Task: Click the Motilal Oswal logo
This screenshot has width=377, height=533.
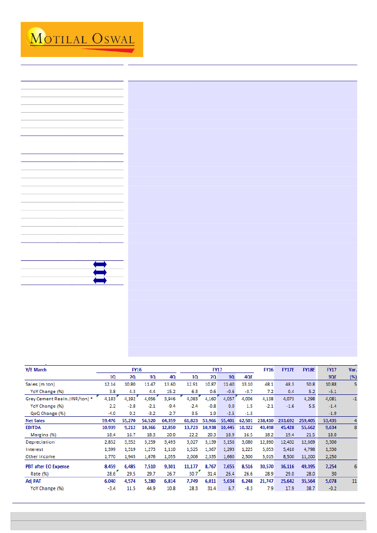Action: point(82,39)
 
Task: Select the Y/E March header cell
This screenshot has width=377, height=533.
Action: point(36,370)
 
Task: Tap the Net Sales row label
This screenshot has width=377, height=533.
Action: point(36,420)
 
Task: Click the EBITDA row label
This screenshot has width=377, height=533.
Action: point(34,427)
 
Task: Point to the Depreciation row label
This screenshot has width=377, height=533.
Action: point(40,442)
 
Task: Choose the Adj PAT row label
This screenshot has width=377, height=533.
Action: point(35,481)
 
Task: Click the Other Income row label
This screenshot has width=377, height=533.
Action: point(41,456)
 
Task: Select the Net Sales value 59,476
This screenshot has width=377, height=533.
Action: point(108,420)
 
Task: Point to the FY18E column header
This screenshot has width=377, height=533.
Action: point(309,370)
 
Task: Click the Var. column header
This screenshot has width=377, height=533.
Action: point(353,370)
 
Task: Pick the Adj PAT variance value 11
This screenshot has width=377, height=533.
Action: point(354,481)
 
